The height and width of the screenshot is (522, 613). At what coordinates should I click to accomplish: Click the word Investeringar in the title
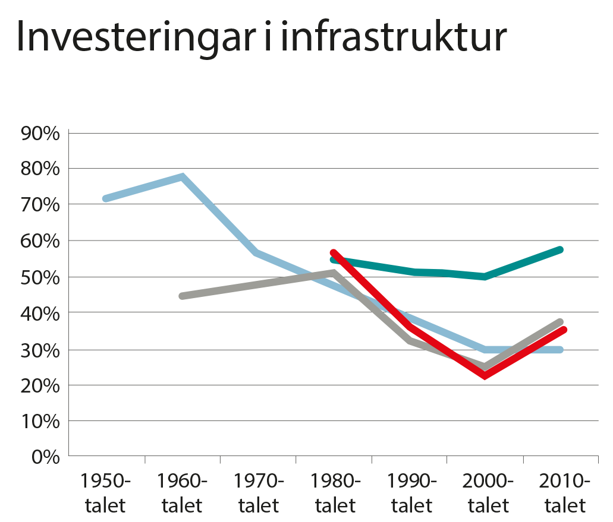point(128,39)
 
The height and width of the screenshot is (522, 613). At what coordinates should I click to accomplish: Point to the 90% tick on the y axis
point(40,133)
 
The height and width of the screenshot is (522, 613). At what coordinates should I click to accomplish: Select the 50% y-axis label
point(40,277)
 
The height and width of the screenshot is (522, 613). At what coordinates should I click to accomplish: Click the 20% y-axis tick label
point(40,385)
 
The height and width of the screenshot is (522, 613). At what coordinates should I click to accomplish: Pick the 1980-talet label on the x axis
point(335,493)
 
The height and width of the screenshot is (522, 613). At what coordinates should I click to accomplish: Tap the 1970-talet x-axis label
point(259,493)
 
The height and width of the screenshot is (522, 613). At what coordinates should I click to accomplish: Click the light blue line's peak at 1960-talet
point(183,176)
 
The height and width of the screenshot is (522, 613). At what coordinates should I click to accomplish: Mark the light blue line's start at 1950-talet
point(105,198)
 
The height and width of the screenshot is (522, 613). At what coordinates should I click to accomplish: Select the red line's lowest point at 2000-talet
point(486,376)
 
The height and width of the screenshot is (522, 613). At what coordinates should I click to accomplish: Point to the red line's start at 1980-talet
point(334,252)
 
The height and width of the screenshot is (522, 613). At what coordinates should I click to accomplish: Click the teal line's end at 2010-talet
point(560,249)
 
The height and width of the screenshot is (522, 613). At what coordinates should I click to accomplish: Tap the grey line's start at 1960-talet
point(181,296)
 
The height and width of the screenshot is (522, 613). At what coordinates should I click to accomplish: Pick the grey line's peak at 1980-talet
point(334,272)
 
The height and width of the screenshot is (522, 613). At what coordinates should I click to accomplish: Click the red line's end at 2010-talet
point(562,330)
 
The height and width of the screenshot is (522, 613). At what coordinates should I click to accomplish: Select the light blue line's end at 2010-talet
point(560,350)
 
